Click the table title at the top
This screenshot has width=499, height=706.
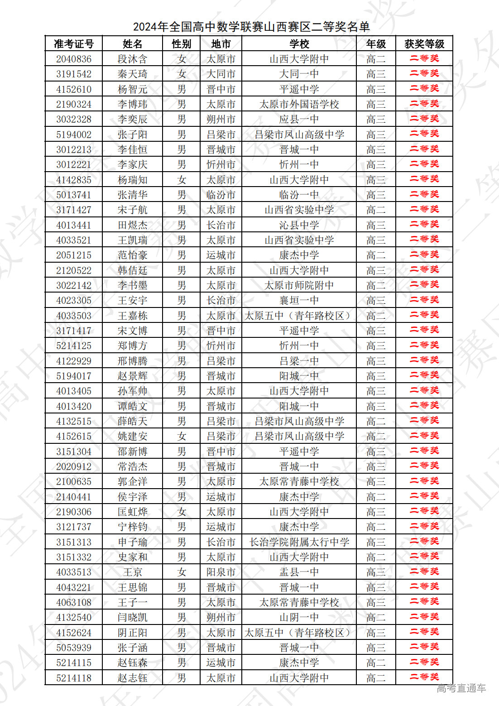point(251,27)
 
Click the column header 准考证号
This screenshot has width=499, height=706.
point(74,44)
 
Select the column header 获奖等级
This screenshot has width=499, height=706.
point(424,44)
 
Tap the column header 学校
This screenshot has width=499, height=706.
point(299,44)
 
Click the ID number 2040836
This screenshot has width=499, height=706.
point(74,59)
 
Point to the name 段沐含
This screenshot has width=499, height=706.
point(132,59)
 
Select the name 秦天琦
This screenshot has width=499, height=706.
point(132,74)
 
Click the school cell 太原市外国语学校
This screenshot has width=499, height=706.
point(299,104)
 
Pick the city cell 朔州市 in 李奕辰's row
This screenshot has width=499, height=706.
point(221,119)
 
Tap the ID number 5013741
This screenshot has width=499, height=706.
point(74,195)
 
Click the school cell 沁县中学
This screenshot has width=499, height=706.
point(299,225)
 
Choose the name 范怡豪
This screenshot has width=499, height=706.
point(132,255)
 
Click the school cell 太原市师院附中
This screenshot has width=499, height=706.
point(299,285)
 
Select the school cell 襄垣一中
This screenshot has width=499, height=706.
point(299,300)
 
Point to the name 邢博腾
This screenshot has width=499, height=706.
point(132,361)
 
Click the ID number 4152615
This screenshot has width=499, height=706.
point(74,436)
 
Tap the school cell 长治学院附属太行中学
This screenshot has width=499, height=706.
point(299,542)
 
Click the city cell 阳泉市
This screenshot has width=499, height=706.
point(221,572)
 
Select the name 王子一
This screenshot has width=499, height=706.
point(132,602)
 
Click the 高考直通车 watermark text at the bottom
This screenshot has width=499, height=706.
point(461,688)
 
